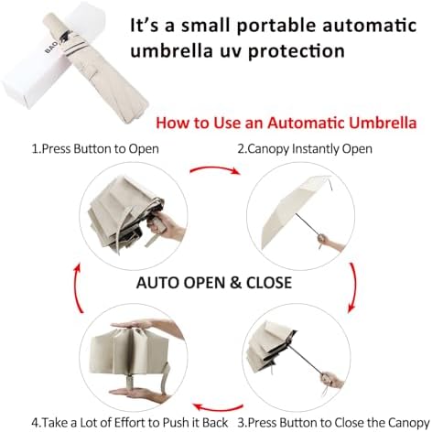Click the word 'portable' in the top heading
pyautogui.click(x=276, y=26)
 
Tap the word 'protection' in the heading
pyautogui.click(x=297, y=50)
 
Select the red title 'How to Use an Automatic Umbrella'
pyautogui.click(x=286, y=123)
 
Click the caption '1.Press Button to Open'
pyautogui.click(x=95, y=149)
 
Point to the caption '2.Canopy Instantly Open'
pyautogui.click(x=305, y=149)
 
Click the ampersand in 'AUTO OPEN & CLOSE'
pyautogui.click(x=235, y=283)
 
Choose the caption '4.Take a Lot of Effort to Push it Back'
pyautogui.click(x=130, y=423)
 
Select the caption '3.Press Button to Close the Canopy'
pyautogui.click(x=334, y=423)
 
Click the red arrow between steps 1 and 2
pyautogui.click(x=215, y=168)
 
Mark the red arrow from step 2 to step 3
pyautogui.click(x=354, y=287)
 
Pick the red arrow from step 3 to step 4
pyautogui.click(x=218, y=407)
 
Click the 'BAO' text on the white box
pyautogui.click(x=51, y=47)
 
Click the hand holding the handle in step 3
pyautogui.click(x=332, y=380)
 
